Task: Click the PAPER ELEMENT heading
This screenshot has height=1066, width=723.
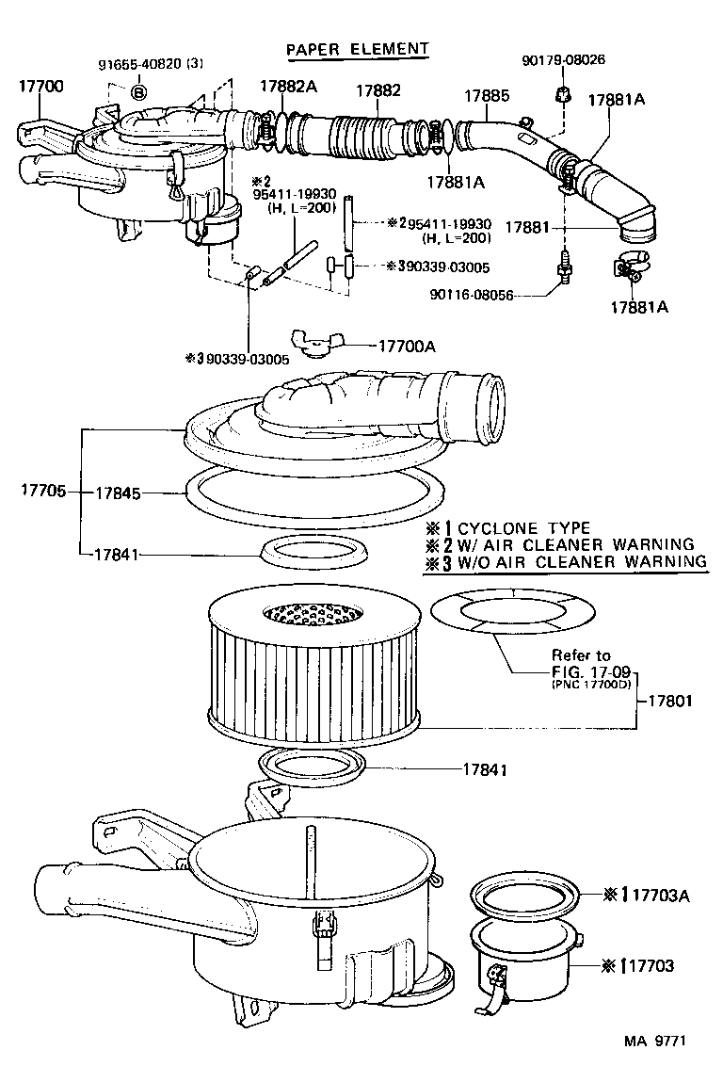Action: point(357,48)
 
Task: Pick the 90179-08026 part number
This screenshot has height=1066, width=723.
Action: point(563,59)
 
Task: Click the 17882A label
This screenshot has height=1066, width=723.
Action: point(290,86)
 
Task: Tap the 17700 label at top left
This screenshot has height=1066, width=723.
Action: point(41,86)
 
